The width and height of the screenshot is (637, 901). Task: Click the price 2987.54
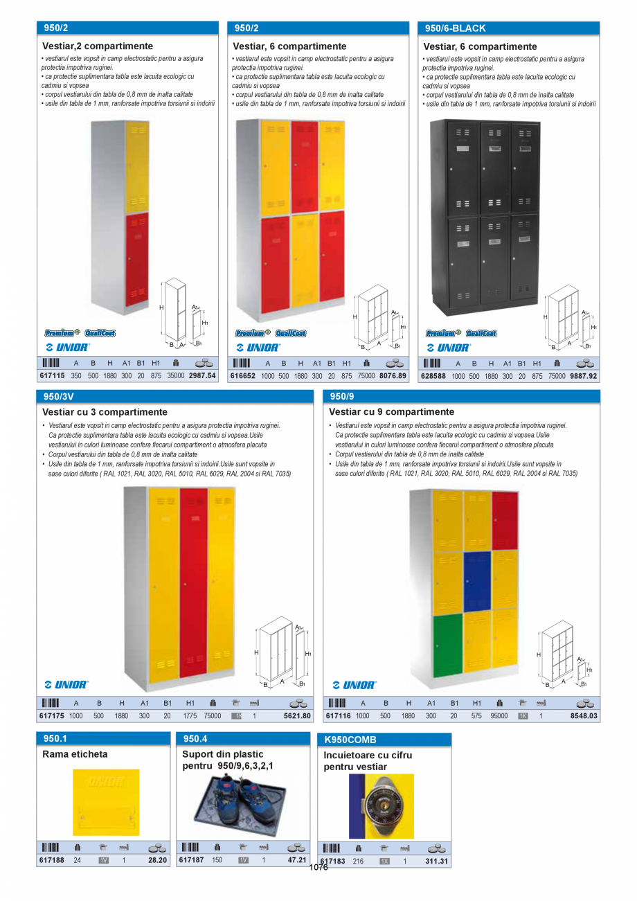tap(202, 376)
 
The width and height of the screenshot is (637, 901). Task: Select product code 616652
tap(242, 376)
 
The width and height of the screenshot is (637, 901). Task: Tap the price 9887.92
tap(583, 376)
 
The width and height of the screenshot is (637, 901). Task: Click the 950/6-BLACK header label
tap(455, 28)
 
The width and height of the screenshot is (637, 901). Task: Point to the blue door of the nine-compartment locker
tap(477, 580)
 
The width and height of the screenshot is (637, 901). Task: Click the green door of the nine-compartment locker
tap(447, 645)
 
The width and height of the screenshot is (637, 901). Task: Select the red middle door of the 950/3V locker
tap(194, 582)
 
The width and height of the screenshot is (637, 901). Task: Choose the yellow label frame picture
tap(106, 802)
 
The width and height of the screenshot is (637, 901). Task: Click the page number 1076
tap(318, 867)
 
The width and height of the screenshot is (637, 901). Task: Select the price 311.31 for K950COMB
tap(437, 862)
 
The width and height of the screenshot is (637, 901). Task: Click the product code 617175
tap(52, 716)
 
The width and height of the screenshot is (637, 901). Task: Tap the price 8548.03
tap(584, 716)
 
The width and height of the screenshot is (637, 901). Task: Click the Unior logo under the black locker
tap(448, 347)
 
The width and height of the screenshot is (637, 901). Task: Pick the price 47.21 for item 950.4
tap(296, 860)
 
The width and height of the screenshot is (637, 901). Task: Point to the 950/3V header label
tap(58, 396)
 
